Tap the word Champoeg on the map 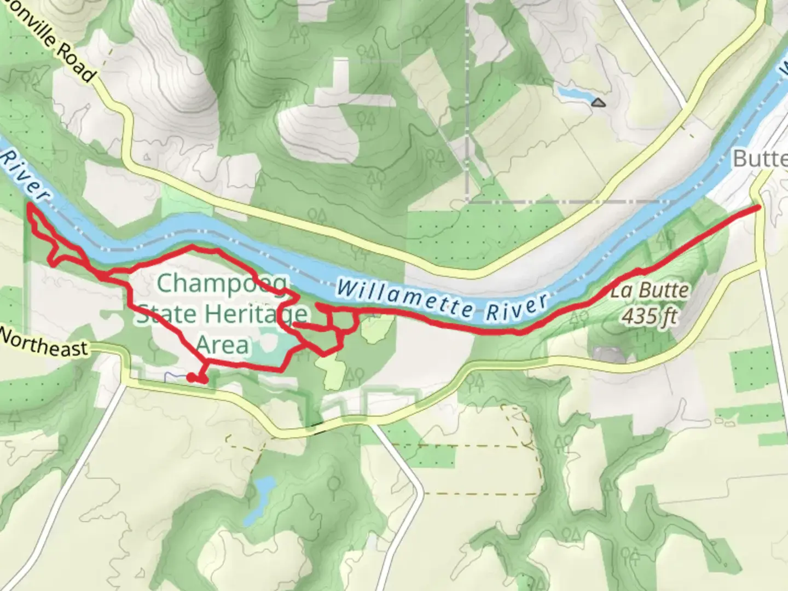click(x=222, y=284)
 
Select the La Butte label click(x=650, y=291)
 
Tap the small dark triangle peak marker click(x=599, y=102)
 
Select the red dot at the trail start click(x=190, y=377)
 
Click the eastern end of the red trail click(x=758, y=208)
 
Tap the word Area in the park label click(x=222, y=345)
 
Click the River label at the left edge click(x=25, y=175)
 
